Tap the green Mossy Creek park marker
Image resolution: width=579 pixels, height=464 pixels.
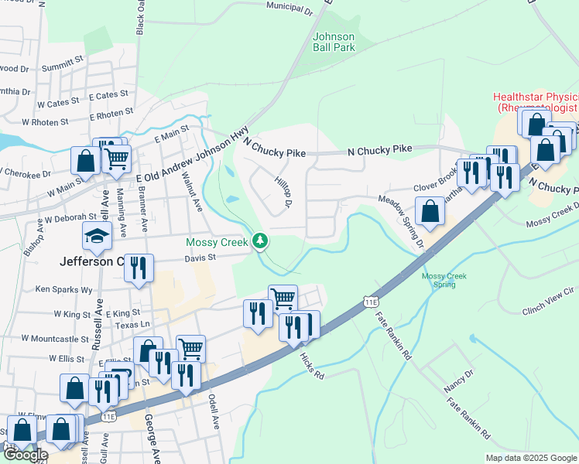[x=261, y=242]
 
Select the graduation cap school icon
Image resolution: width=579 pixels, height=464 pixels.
[x=98, y=236]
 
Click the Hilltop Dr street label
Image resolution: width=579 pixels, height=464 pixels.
[x=283, y=191]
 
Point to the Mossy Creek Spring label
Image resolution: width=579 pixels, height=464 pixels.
[x=439, y=280]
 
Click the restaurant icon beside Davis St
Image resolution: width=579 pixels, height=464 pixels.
[x=139, y=268]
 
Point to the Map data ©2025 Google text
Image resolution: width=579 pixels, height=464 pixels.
[x=531, y=458]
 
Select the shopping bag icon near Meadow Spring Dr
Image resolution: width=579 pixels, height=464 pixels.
[x=430, y=210]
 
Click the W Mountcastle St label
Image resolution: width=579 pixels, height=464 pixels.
[x=56, y=339]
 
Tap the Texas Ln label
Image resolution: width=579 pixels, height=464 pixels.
[x=134, y=325]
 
